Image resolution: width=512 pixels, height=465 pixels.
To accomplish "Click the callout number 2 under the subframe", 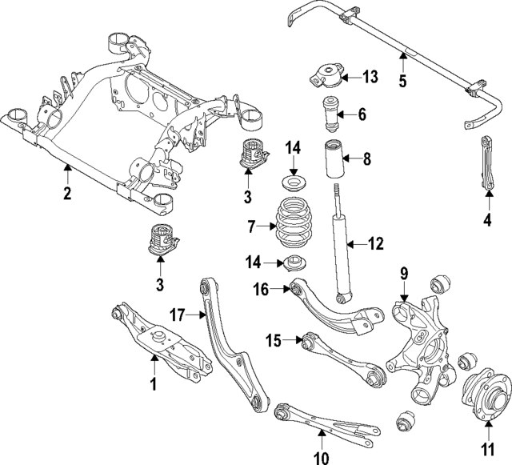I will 67,193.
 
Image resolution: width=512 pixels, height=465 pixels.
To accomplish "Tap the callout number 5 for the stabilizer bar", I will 402,80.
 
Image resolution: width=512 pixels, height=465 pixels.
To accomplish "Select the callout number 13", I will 369,77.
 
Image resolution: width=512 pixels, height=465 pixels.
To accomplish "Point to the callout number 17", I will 178,314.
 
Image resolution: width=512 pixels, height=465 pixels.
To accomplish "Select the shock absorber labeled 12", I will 341,248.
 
